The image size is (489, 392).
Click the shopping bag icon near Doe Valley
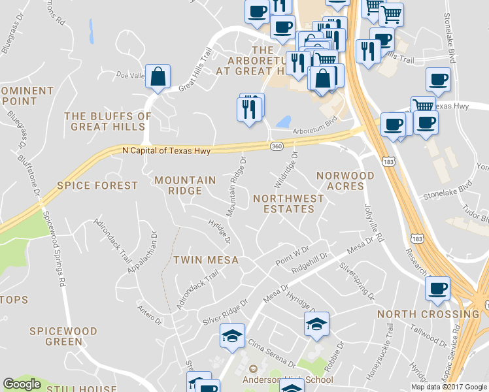pyautogui.click(x=158, y=77)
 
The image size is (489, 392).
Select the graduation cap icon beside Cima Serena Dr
pyautogui.click(x=232, y=336)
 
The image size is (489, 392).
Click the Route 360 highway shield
pyautogui.click(x=276, y=147)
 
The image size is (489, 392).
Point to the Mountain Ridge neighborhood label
pyautogui.click(x=185, y=186)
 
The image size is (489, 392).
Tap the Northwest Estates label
pyautogui.click(x=288, y=203)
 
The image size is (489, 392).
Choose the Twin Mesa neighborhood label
pyautogui.click(x=205, y=260)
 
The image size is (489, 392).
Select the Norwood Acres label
pyautogui.click(x=345, y=181)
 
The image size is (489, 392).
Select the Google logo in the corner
pyautogui.click(x=22, y=384)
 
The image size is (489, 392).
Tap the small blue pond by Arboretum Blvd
pyautogui.click(x=284, y=122)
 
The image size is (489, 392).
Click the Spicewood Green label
pyautogui.click(x=63, y=336)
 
